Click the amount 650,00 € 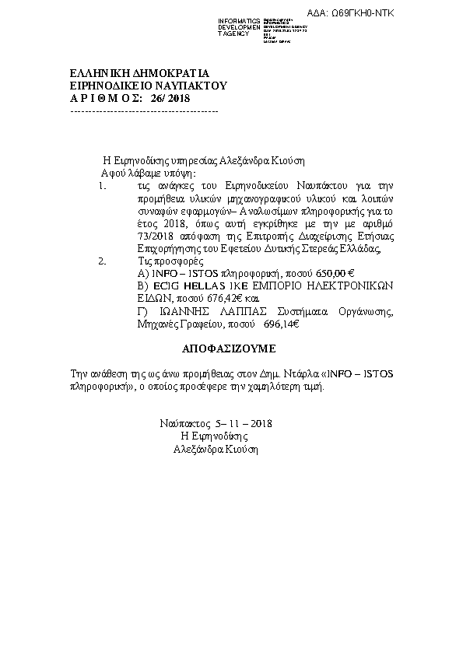332,274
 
